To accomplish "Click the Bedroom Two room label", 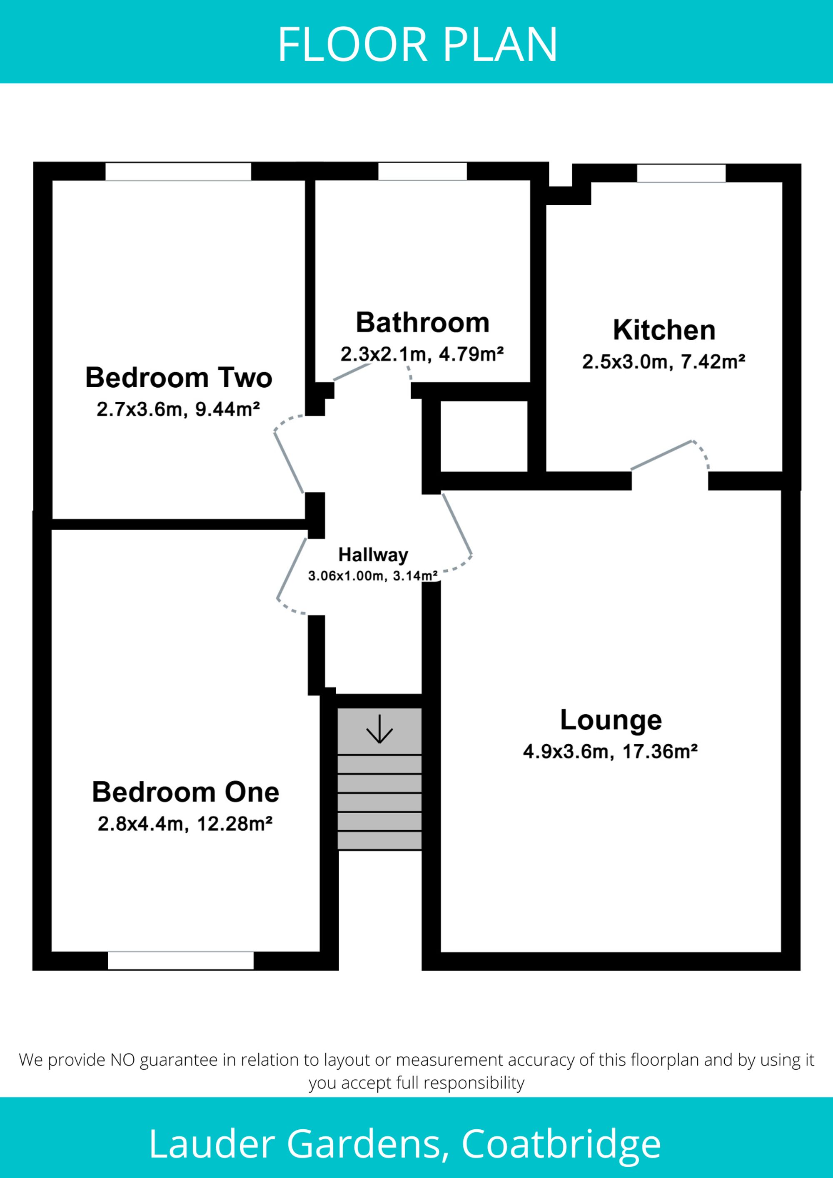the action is (x=179, y=378).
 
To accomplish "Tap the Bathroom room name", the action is (x=422, y=323).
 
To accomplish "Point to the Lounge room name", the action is (x=611, y=721).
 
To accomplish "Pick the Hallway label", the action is (x=373, y=555).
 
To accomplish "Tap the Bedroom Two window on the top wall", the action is (x=178, y=172).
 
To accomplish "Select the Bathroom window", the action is (x=422, y=172).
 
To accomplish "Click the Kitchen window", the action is (x=681, y=173).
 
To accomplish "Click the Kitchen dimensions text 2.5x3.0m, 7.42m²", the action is (x=663, y=362).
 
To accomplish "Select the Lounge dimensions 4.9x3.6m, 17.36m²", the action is (x=610, y=752).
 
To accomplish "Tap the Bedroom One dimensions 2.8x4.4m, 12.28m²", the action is (x=185, y=824).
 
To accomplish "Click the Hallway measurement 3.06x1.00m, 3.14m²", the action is (x=373, y=575).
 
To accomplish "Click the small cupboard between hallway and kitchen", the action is (x=484, y=436).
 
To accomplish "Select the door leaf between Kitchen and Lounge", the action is (x=661, y=455).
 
